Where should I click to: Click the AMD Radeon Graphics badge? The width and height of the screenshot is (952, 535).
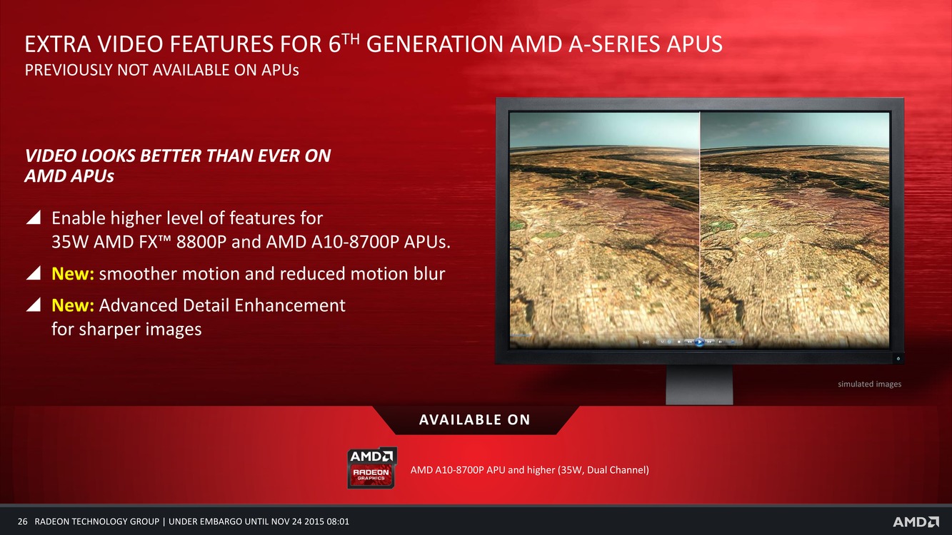372,467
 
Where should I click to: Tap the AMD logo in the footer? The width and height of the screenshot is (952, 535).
915,522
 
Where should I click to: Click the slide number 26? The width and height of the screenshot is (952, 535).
23,521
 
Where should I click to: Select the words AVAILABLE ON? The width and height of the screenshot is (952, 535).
475,419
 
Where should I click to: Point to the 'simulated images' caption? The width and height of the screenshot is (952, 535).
870,384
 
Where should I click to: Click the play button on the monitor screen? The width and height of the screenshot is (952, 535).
699,342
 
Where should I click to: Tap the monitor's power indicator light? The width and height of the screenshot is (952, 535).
898,358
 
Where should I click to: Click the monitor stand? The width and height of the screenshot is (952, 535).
699,384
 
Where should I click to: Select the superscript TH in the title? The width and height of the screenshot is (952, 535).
351,39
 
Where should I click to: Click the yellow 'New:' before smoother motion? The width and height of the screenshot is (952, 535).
73,274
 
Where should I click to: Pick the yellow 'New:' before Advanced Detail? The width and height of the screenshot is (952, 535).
73,305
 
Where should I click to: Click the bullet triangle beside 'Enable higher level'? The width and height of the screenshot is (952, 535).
33,217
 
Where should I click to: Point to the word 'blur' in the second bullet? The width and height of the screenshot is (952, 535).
429,274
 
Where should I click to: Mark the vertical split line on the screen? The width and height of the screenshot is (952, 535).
700,230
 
